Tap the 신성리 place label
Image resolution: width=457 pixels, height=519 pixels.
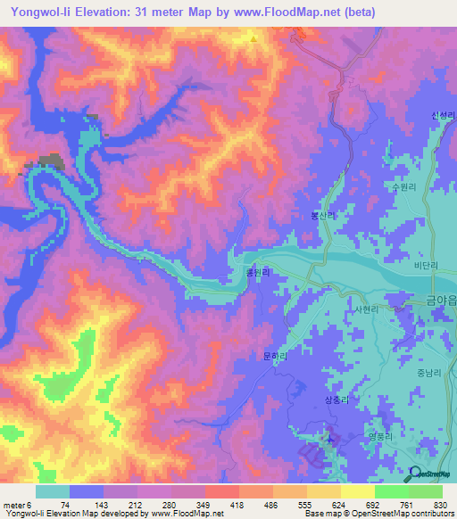point(443,116)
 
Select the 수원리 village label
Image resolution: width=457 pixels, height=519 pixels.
point(394,188)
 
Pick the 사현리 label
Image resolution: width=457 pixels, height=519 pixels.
point(369,309)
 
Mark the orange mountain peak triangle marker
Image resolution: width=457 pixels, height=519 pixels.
point(253,38)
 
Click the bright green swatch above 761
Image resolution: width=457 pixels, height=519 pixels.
point(391,491)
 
